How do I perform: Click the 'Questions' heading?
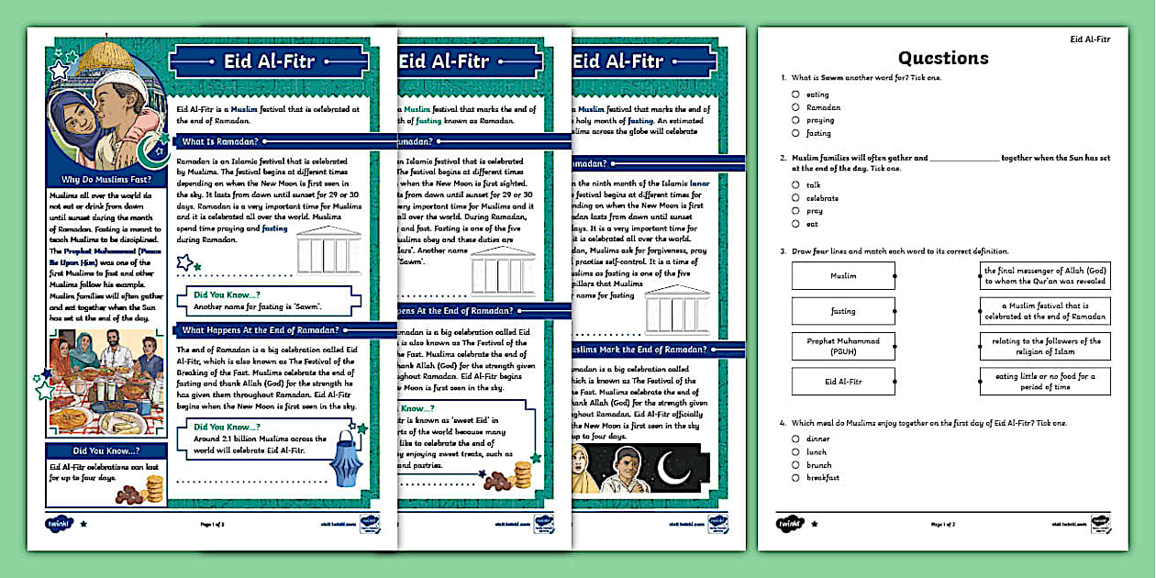943,58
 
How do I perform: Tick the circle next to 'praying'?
796,120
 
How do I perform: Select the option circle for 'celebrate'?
796,198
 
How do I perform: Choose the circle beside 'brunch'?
796,465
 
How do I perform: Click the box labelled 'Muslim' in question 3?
843,275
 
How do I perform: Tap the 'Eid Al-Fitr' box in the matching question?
843,381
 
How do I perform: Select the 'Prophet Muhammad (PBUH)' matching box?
843,346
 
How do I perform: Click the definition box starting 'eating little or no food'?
1045,381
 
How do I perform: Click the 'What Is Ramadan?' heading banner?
220,141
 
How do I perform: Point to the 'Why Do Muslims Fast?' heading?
106,179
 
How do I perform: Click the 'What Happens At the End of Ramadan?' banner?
261,330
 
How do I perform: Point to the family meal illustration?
106,383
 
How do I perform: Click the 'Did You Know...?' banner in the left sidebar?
106,450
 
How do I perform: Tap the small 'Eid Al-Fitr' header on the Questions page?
1090,39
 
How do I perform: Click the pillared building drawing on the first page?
329,250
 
